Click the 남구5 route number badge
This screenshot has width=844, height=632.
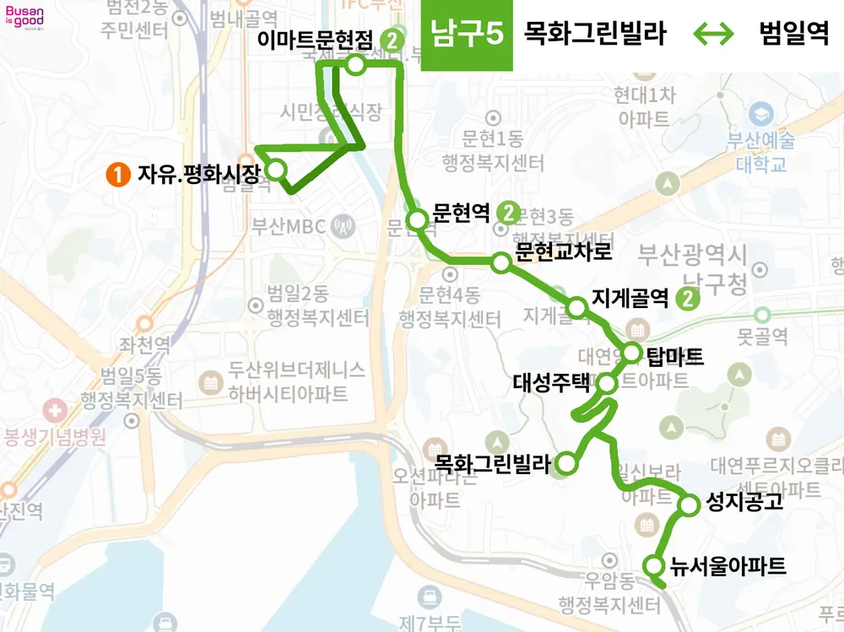pos(467,35)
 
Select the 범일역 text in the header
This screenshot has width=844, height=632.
pos(794,35)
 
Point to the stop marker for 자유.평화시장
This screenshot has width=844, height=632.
pos(276,171)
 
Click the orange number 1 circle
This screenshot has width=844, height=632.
pos(117,175)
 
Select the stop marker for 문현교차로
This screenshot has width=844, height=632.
pos(501,263)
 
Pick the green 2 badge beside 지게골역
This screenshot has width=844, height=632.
pos(690,298)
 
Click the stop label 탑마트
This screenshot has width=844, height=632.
pos(675,355)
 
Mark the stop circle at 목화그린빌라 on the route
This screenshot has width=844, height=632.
pos(567,462)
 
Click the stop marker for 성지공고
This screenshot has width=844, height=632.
pos(690,505)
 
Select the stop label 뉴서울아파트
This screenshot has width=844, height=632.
pos(728,565)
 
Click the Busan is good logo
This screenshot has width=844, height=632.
pos(24,18)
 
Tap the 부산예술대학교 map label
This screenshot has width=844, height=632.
pos(760,150)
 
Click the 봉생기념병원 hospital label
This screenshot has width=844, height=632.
pos(56,437)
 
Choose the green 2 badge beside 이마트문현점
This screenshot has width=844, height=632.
pos(392,40)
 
